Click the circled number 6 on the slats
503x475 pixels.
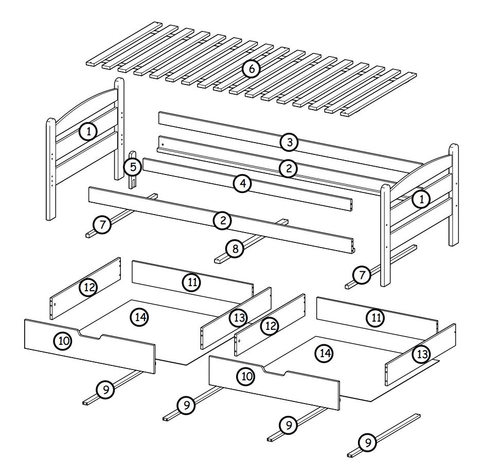(x=251, y=68)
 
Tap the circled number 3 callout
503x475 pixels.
(x=289, y=142)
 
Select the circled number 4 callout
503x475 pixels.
(x=243, y=184)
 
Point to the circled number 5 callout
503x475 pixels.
(x=133, y=167)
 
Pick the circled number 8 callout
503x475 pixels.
(x=235, y=249)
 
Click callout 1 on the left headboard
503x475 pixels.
(x=88, y=131)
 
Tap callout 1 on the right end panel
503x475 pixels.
(x=421, y=199)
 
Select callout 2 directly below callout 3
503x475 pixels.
(x=289, y=168)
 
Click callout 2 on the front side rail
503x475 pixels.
(x=222, y=220)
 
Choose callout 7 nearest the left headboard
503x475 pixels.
(x=102, y=224)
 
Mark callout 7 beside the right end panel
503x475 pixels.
(x=362, y=275)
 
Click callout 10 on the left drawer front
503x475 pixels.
(x=63, y=341)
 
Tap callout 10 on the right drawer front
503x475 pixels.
(x=246, y=376)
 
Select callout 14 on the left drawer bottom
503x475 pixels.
(x=140, y=317)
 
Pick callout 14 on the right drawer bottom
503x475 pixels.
(x=325, y=354)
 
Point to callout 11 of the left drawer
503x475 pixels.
(x=191, y=282)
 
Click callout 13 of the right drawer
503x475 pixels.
(x=422, y=354)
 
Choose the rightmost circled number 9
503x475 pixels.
(x=368, y=443)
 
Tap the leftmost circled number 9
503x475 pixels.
(x=105, y=390)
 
